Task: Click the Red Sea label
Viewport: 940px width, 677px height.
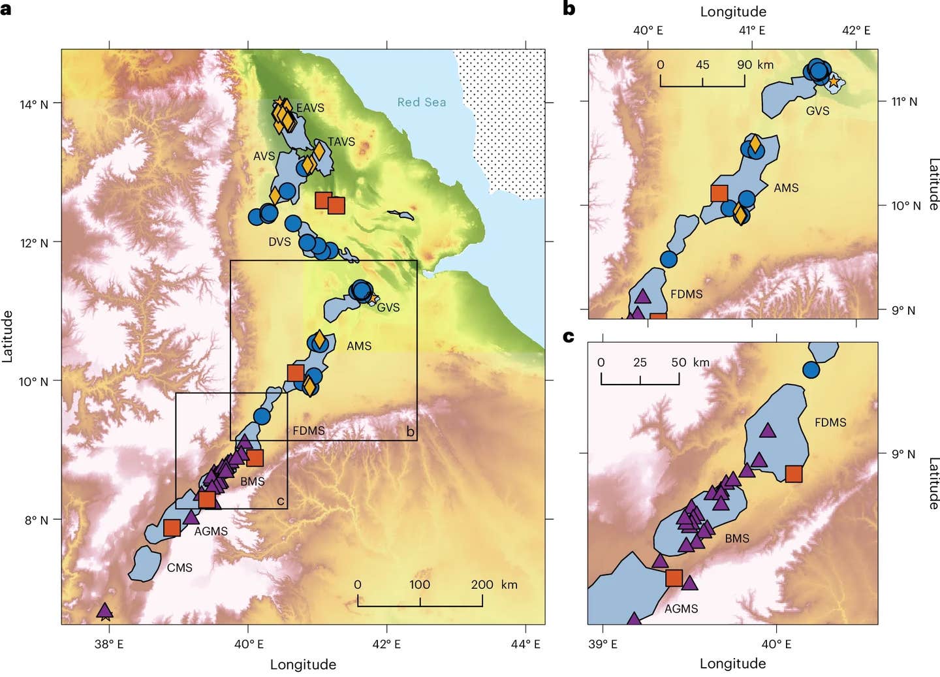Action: pos(422,102)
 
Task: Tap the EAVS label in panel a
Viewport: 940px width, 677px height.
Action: pos(309,108)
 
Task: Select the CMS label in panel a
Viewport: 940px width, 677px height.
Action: pos(180,567)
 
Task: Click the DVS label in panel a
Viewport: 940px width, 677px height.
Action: pos(279,242)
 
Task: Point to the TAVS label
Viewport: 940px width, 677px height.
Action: pos(341,142)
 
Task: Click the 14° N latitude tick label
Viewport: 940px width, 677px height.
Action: pos(34,104)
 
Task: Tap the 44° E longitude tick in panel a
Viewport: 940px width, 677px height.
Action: pos(527,644)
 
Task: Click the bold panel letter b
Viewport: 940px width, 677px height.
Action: pos(569,9)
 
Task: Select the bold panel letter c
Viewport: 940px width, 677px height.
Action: pos(569,336)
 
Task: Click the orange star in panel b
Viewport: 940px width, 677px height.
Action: pos(834,82)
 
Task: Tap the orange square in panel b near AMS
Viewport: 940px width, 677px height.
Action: pos(719,193)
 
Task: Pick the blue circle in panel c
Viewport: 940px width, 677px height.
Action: pos(811,370)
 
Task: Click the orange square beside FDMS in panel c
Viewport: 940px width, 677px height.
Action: pos(794,474)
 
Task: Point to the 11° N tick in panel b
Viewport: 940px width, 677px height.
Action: pos(905,102)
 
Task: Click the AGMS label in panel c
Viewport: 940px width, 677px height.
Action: pos(681,608)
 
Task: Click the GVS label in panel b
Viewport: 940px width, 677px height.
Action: pos(817,111)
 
